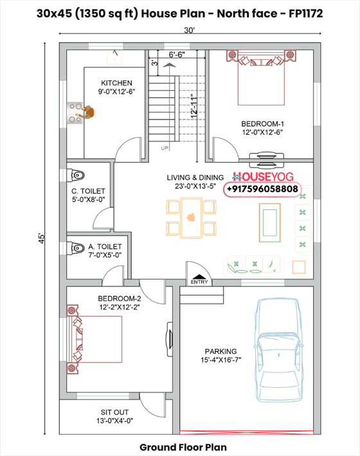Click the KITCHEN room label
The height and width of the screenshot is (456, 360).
tap(116, 83)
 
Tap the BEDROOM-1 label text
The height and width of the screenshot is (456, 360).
tap(262, 124)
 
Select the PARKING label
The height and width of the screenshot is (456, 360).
tap(221, 351)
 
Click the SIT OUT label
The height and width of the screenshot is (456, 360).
tap(114, 412)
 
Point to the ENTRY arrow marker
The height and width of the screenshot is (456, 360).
tap(199, 277)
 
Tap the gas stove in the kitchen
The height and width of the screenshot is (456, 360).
tap(75, 112)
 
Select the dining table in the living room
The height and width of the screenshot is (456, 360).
tap(191, 218)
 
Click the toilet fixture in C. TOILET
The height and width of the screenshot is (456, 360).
tap(76, 175)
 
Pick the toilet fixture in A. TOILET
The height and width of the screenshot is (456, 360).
tap(76, 248)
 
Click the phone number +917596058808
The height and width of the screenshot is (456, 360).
tap(262, 189)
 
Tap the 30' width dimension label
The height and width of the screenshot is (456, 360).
tap(189, 30)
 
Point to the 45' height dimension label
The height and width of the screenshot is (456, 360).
tap(42, 238)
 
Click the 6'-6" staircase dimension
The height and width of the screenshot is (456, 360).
tap(177, 55)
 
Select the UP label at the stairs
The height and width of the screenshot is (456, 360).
tap(165, 148)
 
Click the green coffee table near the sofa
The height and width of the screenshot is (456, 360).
tap(270, 223)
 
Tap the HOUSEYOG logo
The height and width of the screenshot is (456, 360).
tap(263, 177)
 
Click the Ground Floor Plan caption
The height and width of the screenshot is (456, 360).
tap(183, 447)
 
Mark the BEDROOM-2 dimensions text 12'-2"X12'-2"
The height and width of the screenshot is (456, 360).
tap(120, 307)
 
